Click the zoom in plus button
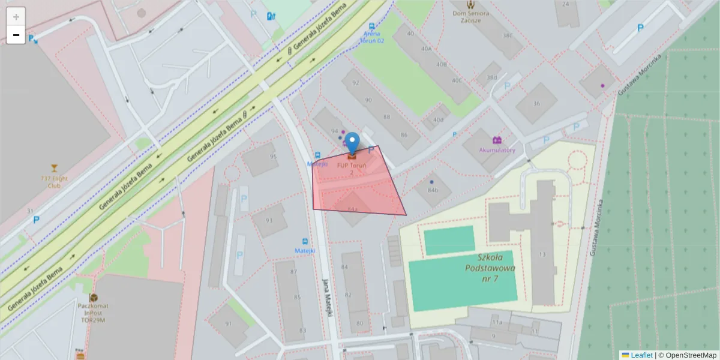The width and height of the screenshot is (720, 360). pos(16,17)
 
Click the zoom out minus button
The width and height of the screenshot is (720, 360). pos(16,35)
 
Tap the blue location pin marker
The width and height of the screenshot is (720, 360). pos(352,143)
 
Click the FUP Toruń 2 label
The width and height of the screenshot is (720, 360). pos(352,168)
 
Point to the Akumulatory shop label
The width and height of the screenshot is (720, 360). pos(497,150)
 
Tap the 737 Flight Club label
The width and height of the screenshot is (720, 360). pos(55,181)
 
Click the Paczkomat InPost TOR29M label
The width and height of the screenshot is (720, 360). pos(92,313)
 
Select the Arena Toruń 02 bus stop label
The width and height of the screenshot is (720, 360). pos(372,37)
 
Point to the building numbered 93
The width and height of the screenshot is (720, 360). pos(269,220)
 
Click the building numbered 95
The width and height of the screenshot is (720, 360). pos(274,157)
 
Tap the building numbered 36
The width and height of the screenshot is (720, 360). pos(536,103)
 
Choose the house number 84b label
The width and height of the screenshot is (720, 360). pos(433,190)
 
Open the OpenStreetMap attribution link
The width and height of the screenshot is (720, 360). pos(691,355)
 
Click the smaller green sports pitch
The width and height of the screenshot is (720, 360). pos(449,240)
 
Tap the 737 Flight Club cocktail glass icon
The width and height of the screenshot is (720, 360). pos(55,167)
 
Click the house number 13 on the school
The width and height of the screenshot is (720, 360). pos(542,254)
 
